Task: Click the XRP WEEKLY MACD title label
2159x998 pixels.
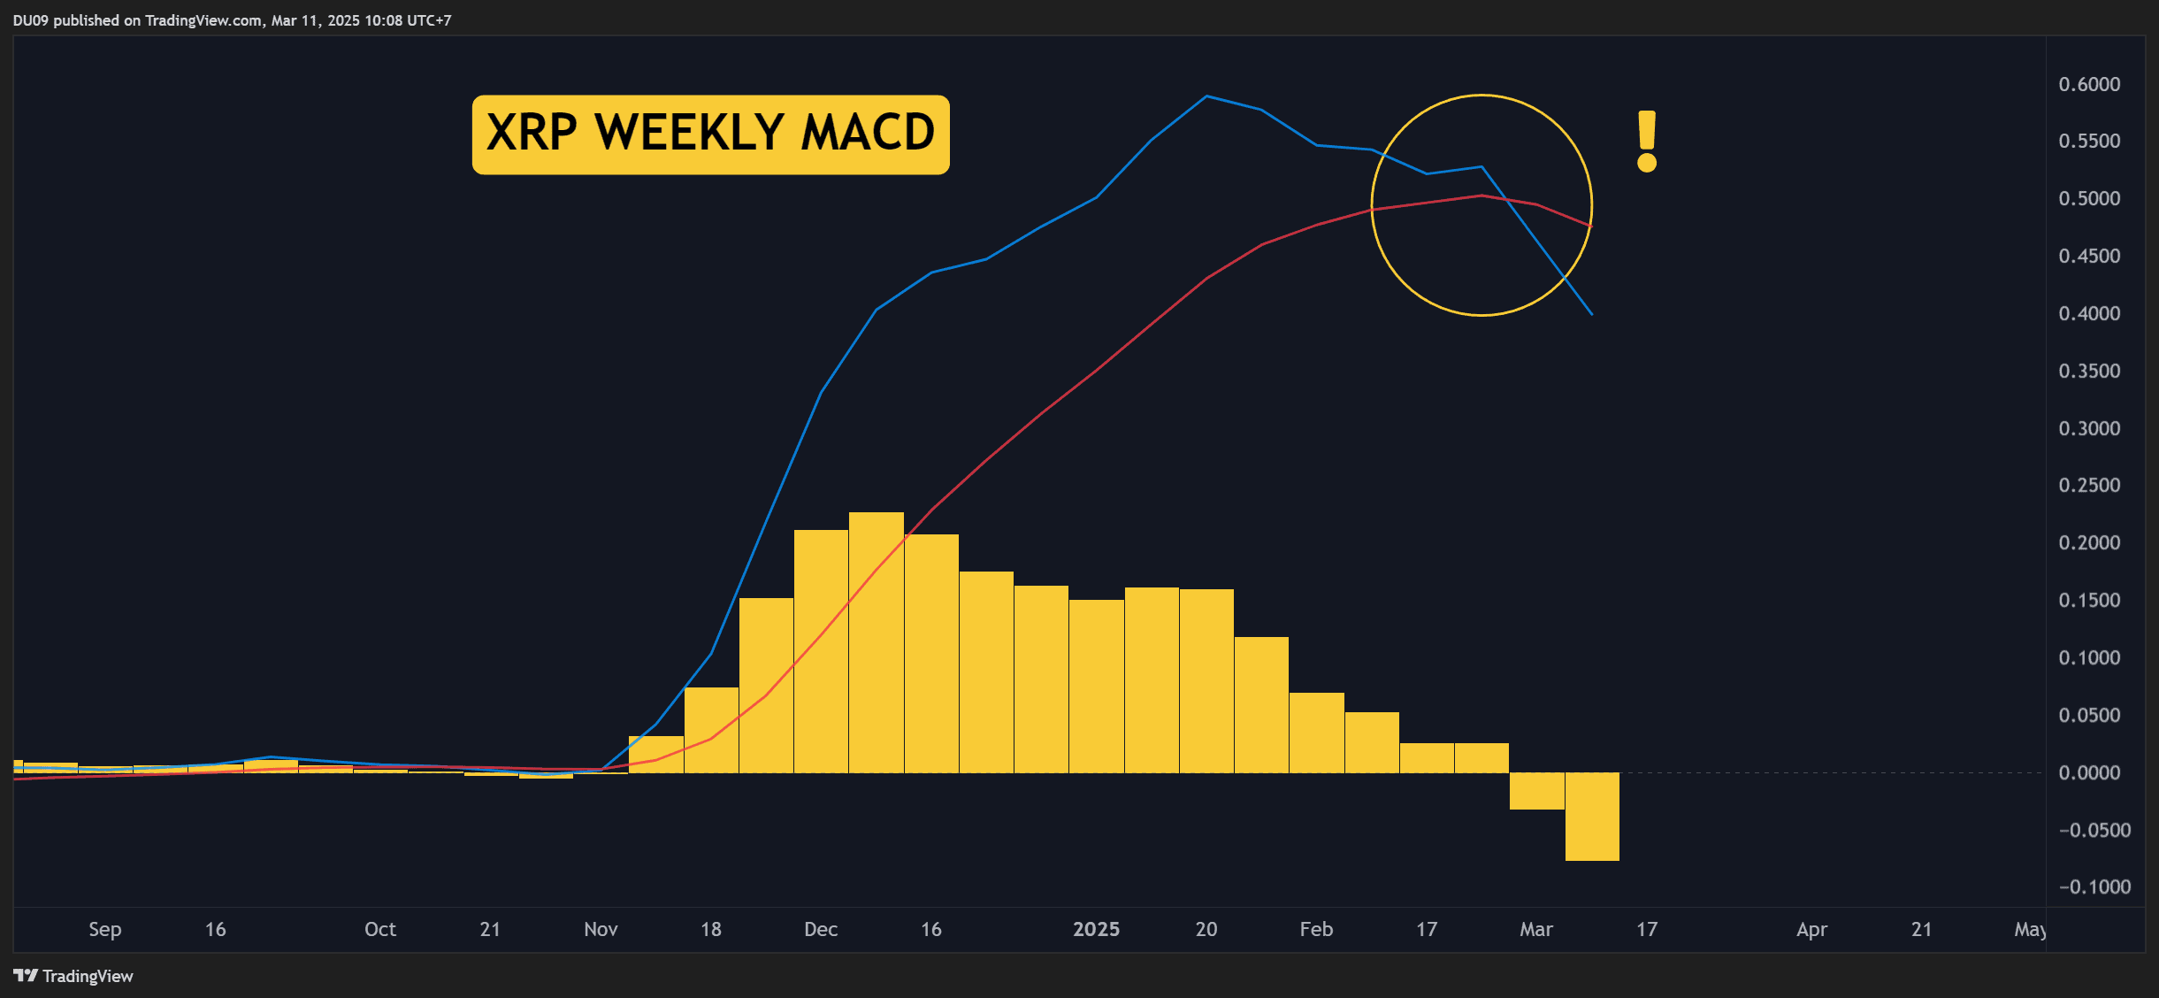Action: [x=710, y=134]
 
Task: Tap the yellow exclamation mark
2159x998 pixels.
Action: [x=1646, y=141]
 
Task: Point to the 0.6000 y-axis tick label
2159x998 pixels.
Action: [x=2089, y=84]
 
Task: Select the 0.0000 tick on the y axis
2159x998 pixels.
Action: [x=2089, y=772]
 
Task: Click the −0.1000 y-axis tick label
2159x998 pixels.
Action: [x=2094, y=887]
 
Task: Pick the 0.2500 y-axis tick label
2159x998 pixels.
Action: [x=2089, y=485]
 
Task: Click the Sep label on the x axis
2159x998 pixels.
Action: [x=104, y=929]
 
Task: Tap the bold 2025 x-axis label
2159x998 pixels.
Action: [x=1096, y=929]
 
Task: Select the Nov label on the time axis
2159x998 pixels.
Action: [x=601, y=929]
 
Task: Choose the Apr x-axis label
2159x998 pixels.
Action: [x=1811, y=929]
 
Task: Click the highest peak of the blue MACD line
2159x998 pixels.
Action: [x=1207, y=96]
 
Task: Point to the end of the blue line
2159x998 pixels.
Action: [x=1591, y=313]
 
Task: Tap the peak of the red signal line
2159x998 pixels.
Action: [x=1481, y=196]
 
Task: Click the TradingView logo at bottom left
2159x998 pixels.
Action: [x=73, y=976]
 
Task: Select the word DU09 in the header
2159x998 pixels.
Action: [x=30, y=20]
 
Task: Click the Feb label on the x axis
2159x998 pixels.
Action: [x=1316, y=929]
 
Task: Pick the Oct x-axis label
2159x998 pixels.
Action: [x=380, y=929]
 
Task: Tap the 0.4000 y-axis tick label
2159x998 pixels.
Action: [x=2089, y=313]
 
